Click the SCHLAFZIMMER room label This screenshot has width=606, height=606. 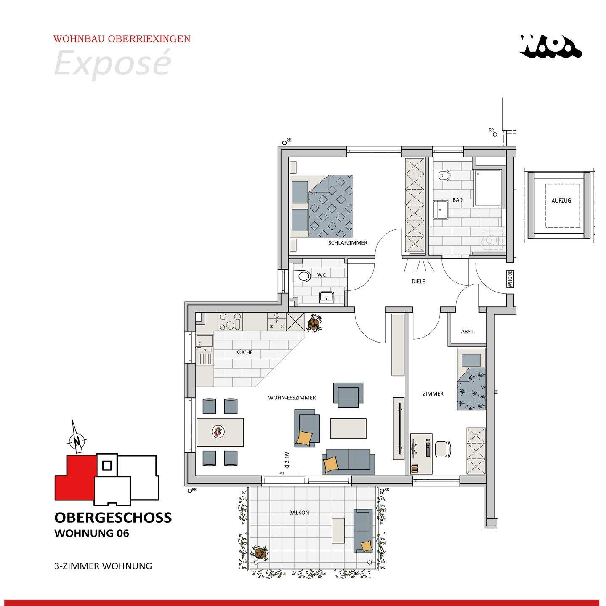(348, 243)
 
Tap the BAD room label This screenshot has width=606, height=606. (457, 200)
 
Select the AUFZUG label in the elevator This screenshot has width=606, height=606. (561, 201)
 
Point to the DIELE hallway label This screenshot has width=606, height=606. (418, 282)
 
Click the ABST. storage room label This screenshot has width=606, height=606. (468, 332)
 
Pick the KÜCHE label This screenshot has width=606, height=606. (245, 352)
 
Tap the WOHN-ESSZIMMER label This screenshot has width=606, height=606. (292, 398)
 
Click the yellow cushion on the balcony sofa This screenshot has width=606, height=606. (367, 546)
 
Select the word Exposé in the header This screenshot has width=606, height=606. (113, 63)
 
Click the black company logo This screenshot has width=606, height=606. (550, 46)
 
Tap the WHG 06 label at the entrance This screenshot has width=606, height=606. (510, 279)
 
